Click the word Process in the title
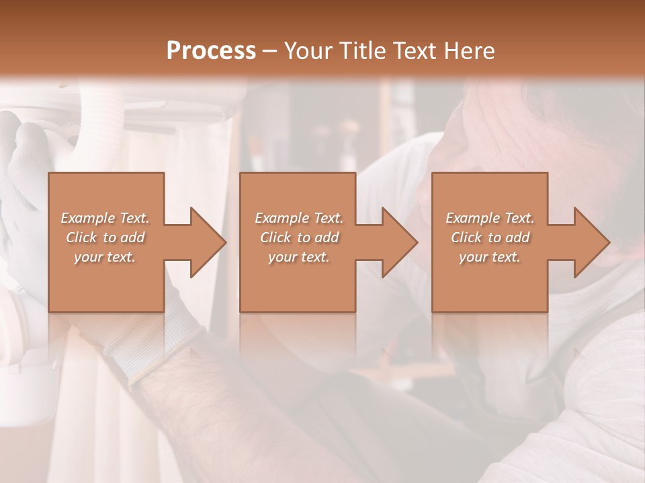click(211, 51)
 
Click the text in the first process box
click(105, 237)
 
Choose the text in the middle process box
click(298, 237)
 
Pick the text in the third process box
click(490, 237)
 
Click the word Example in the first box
click(87, 218)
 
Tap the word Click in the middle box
click(274, 237)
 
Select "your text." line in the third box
click(490, 257)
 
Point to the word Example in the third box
click(472, 218)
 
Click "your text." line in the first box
click(105, 257)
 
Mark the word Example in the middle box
click(281, 218)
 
